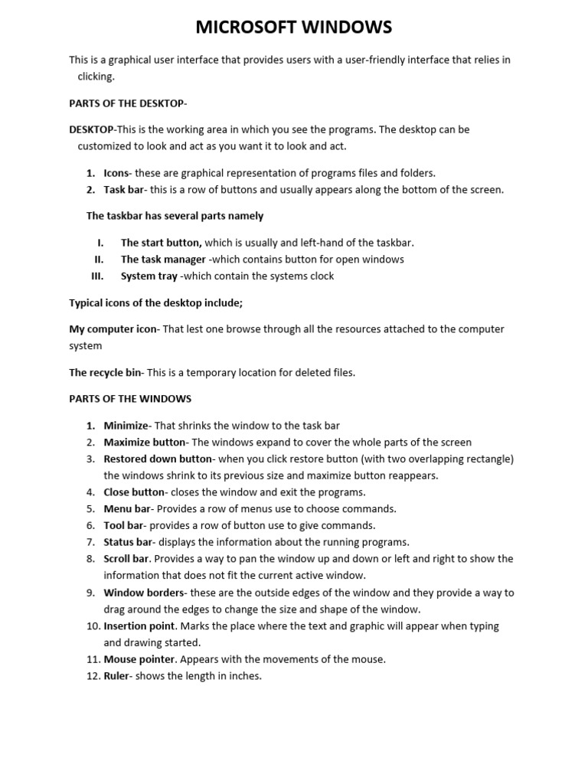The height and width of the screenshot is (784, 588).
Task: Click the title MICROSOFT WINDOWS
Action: coord(294,28)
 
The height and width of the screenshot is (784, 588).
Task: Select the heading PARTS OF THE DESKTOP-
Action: coord(128,103)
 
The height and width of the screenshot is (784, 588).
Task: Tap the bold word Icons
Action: coord(116,173)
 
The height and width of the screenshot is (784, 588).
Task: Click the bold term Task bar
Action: coord(123,190)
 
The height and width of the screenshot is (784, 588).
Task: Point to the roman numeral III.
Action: coord(96,276)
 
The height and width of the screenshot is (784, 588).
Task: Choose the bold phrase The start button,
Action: coord(161,243)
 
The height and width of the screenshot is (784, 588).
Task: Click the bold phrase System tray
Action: coord(149,276)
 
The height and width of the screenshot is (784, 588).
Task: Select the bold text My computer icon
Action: coord(112,329)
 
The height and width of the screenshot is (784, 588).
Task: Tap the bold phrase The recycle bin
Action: coord(105,373)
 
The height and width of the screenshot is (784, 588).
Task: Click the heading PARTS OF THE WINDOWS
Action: coord(130,399)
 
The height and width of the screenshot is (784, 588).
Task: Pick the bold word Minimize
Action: coord(126,426)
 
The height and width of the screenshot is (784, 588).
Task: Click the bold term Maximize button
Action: coord(144,443)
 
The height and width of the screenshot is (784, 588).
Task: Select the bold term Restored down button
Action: coord(157,459)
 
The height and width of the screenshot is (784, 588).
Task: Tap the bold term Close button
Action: coord(134,492)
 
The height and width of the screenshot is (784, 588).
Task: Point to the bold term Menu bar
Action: coord(126,509)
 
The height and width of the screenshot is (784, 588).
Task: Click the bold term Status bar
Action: coord(128,542)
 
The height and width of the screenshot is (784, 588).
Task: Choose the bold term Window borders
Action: coord(144,593)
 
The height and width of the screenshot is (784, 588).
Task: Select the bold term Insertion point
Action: coord(139,626)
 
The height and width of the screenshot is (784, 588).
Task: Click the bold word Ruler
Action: coord(116,676)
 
